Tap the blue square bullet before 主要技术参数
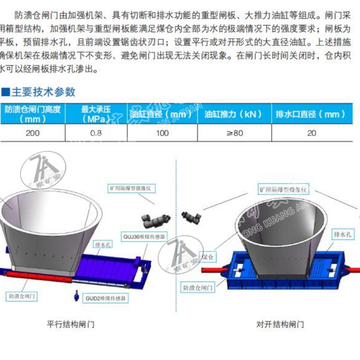[5, 92]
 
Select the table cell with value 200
[32, 133]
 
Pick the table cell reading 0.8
[96, 133]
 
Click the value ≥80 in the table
[234, 133]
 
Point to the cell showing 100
[162, 133]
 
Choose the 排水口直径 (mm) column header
[311, 114]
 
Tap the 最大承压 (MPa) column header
[96, 114]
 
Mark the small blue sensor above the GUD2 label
[77, 296]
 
